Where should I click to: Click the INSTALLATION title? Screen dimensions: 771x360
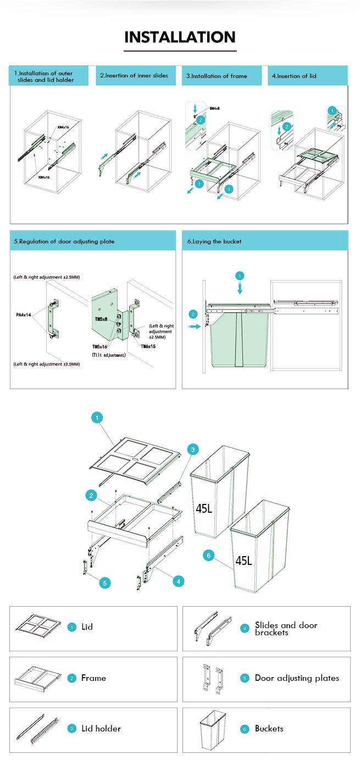180,37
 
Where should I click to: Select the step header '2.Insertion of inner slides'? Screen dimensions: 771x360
134,76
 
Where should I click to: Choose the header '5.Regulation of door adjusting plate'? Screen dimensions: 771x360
64,241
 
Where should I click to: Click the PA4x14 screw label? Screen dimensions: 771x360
24,315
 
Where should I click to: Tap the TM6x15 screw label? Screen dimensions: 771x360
148,347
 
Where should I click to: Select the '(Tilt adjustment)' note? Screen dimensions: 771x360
109,355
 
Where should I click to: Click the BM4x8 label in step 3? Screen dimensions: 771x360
215,108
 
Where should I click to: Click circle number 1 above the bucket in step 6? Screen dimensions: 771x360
240,275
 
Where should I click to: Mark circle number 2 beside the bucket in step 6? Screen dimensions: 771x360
193,314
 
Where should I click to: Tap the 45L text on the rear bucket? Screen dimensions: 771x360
204,508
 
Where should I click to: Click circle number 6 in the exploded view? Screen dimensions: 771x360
208,556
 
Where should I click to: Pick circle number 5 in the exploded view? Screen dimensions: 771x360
105,583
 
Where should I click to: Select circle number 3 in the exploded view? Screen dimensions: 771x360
192,450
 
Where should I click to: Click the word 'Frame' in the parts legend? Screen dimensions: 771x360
93,678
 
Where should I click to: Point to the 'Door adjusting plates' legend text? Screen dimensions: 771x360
297,678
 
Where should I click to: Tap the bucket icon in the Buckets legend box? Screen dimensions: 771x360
213,729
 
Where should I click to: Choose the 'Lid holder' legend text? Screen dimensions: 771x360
101,729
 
